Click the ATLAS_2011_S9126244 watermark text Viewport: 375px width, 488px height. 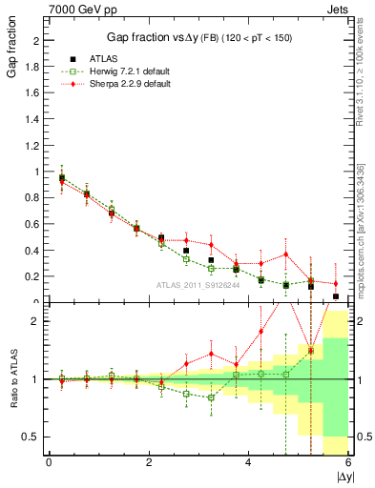[198, 284]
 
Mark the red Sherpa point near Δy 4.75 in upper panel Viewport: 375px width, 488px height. [285, 254]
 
